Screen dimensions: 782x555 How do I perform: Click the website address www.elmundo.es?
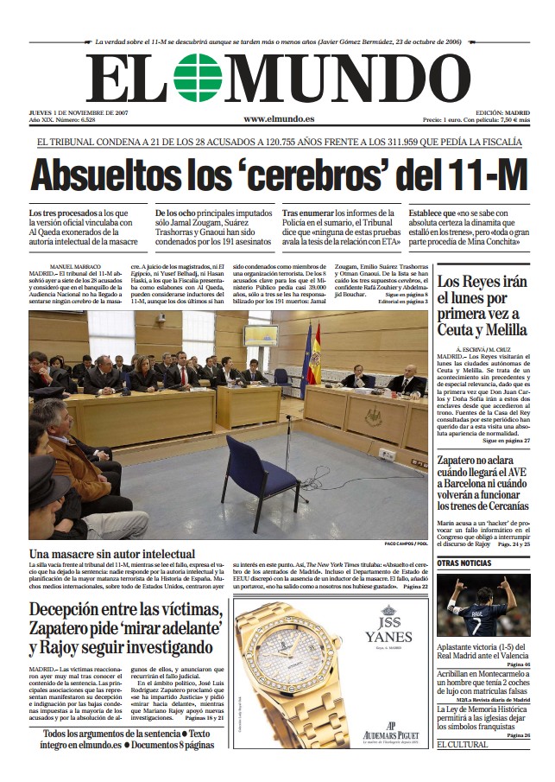click(x=278, y=118)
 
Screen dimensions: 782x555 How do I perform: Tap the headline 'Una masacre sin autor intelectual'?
click(x=112, y=553)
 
